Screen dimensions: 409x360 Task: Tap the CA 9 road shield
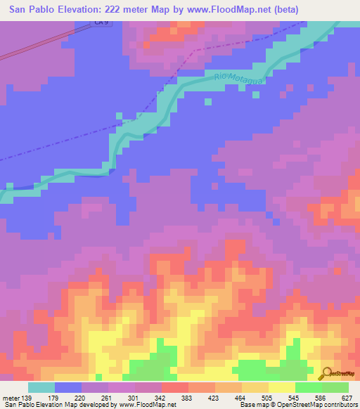103,24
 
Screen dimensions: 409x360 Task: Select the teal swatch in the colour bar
41,388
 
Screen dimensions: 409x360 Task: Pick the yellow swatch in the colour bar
282,388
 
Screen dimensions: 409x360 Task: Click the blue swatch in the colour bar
68,388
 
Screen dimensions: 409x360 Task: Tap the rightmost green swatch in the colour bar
335,388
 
